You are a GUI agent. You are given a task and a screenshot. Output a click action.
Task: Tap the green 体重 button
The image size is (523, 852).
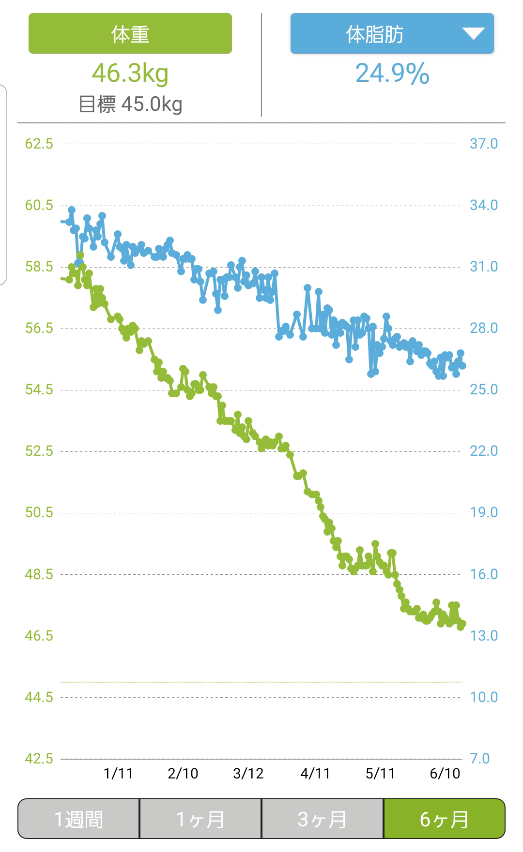pos(130,33)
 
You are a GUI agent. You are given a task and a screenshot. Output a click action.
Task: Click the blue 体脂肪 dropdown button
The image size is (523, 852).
pos(375,34)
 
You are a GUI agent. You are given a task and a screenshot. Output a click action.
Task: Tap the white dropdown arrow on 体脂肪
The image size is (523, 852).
pos(473,33)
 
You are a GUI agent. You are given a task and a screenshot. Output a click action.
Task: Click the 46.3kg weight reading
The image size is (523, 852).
pos(130,74)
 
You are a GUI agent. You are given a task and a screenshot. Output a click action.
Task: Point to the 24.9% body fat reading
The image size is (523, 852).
pos(392,74)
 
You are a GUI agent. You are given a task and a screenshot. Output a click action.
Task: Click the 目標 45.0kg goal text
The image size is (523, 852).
pos(130,104)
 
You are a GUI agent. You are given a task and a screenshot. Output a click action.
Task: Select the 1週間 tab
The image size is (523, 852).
pos(78,819)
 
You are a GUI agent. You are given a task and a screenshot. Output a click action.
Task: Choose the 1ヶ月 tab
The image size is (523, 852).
pos(200,819)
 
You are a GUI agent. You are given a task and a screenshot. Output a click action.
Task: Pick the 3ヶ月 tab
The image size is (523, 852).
pos(323,819)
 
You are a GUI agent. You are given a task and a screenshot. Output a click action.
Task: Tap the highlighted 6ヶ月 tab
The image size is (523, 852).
pos(444,819)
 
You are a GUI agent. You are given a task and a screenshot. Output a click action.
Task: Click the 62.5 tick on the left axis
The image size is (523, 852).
pos(39,144)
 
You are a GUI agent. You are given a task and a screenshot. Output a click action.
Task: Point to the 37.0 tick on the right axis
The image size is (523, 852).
pos(483,144)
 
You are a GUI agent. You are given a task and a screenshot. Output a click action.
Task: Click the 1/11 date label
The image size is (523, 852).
pos(118,774)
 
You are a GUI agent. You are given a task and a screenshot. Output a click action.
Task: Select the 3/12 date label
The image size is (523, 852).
pos(248,774)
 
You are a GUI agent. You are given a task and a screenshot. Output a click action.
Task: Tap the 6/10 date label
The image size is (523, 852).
pos(445,774)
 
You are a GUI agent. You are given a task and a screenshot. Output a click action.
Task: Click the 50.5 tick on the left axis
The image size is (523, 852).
pos(39,512)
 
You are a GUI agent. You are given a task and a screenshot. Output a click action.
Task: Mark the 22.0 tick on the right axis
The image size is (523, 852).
pos(483,451)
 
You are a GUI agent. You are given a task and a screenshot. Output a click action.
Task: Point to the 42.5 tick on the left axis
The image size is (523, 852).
pos(39,758)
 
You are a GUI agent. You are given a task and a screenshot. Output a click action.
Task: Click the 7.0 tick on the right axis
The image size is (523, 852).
pos(479,758)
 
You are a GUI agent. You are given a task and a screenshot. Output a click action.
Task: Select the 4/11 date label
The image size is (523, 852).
pos(315,774)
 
